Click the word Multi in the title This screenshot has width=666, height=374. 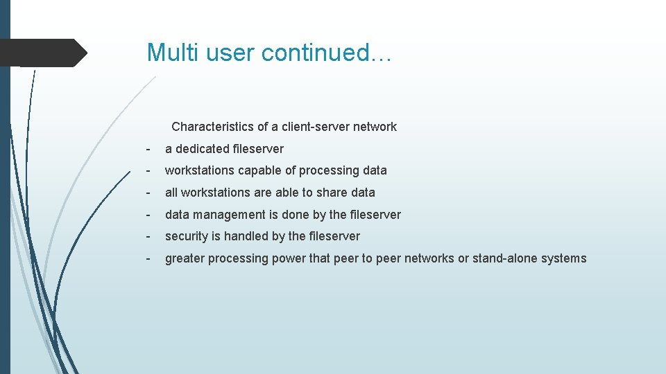pyautogui.click(x=166, y=53)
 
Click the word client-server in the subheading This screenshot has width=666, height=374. pyautogui.click(x=316, y=127)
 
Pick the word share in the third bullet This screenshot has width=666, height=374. pyautogui.click(x=332, y=193)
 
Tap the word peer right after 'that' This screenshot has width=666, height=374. pyautogui.click(x=347, y=258)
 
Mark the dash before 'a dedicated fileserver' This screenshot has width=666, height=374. pyautogui.click(x=148, y=149)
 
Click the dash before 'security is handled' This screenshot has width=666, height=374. pyautogui.click(x=148, y=236)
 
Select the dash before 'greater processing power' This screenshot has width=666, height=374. pyautogui.click(x=148, y=258)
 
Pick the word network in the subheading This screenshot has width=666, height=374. pyautogui.click(x=375, y=127)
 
